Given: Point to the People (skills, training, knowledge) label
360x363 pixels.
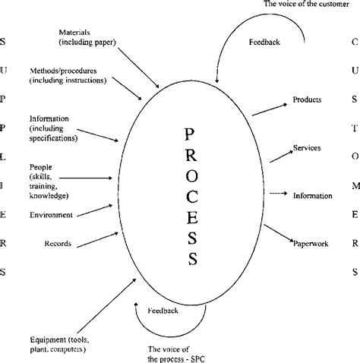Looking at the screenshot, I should pos(46,173).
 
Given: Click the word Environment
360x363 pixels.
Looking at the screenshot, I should pos(51,215).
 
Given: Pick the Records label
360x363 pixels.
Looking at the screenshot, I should pos(58,244).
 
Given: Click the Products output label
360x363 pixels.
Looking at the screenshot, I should pos(307,99).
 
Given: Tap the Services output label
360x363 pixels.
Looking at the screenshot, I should pos(307,148).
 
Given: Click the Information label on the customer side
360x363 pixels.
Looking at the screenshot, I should pos(312,196).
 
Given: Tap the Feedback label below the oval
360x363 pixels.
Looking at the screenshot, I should pos(162,311).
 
